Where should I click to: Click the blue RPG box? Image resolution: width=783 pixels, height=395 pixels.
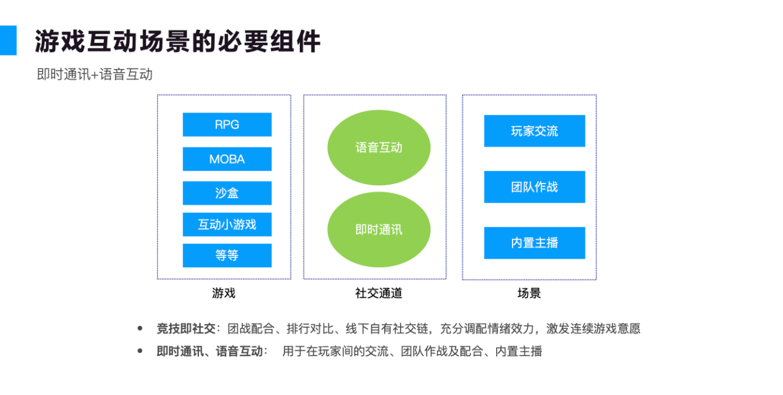227,125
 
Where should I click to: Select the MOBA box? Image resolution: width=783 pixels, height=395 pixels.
227,159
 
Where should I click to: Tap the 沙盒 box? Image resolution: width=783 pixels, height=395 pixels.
227,193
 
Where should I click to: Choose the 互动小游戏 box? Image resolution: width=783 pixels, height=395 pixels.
227,224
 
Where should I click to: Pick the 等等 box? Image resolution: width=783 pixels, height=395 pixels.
227,256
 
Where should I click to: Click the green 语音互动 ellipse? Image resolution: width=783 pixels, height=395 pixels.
379,147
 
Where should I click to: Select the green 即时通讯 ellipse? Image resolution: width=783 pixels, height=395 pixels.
379,230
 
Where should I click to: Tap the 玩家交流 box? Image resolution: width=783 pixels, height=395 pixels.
535,131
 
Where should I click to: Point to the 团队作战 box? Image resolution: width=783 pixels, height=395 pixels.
535,187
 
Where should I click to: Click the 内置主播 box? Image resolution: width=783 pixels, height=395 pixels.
535,243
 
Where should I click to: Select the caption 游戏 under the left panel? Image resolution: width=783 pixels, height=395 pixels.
224,293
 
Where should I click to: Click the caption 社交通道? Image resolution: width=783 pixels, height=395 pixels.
379,293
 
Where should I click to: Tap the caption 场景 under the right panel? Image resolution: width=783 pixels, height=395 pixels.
529,293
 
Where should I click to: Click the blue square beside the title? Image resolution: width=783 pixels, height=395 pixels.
8,40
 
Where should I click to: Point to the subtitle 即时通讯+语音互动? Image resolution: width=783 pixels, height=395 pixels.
95,75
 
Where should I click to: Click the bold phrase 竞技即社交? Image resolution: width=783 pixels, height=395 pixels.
186,328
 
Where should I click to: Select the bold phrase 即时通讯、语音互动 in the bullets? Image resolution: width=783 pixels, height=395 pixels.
210,352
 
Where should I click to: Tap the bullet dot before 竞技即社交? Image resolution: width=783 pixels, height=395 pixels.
140,328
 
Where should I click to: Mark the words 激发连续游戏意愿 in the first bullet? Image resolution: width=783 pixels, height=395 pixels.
593,328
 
